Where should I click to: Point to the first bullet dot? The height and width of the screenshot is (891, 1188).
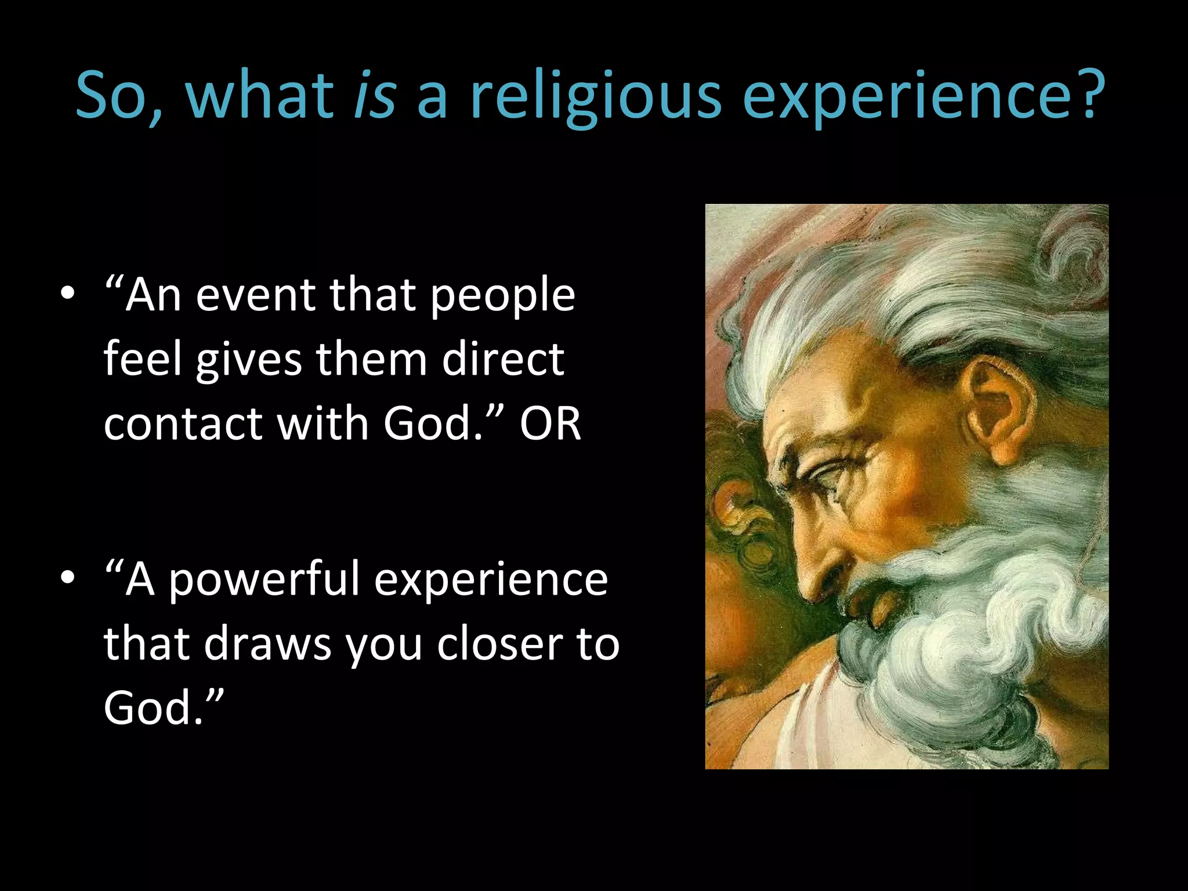pos(68,294)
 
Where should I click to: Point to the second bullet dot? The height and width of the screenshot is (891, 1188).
pos(68,578)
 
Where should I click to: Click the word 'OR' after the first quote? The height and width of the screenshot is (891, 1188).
pos(550,423)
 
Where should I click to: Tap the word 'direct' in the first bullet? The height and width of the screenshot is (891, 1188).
pos(502,358)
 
